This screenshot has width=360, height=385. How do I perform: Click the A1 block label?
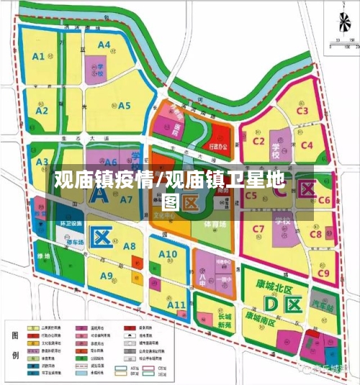pyautogui.click(x=38, y=55)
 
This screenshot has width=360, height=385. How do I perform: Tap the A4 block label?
pyautogui.click(x=104, y=45)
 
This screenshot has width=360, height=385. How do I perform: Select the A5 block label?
pyautogui.click(x=124, y=106)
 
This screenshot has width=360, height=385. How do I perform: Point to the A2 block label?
pyautogui.click(x=42, y=111)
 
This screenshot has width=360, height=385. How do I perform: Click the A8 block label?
pyautogui.click(x=130, y=247)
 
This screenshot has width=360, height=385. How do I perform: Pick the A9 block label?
pyautogui.click(x=107, y=276)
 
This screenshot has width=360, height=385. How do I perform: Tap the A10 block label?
pyautogui.click(x=167, y=255)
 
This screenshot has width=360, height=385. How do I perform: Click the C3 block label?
pyautogui.click(x=302, y=111)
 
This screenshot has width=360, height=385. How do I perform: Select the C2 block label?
pyautogui.click(x=259, y=140)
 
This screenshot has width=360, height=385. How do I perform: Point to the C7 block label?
pyautogui.click(x=258, y=229)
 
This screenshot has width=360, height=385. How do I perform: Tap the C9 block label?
pyautogui.click(x=323, y=273)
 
